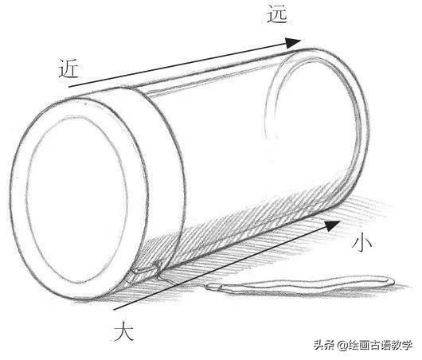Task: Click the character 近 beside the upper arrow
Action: click(x=68, y=68)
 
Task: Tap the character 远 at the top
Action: click(x=277, y=14)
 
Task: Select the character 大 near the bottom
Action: click(x=123, y=331)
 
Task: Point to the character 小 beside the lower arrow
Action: click(x=361, y=241)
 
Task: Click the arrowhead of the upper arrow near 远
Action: click(x=293, y=43)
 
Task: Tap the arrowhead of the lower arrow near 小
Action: click(x=333, y=225)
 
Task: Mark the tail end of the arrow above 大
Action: click(x=114, y=310)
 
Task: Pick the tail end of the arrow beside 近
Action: click(x=69, y=87)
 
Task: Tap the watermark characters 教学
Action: click(x=402, y=345)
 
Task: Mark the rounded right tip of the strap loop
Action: click(x=393, y=282)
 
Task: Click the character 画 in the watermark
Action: click(x=364, y=345)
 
